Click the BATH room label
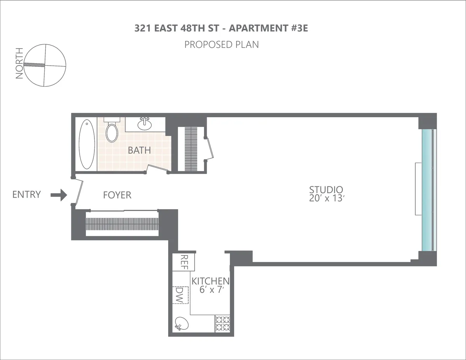coord(139,150)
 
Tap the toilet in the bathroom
coord(112,131)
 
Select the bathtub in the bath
coord(87,144)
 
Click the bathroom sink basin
coord(145,124)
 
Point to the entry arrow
coord(59,195)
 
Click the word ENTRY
coord(26,195)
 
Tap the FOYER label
coord(117,195)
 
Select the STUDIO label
coord(326,190)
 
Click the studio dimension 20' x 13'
coord(326,198)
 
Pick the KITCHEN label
coord(210,281)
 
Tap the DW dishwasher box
coord(180,295)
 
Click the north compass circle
coord(45,65)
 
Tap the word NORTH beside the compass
coord(19,63)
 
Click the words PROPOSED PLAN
coord(221,45)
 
